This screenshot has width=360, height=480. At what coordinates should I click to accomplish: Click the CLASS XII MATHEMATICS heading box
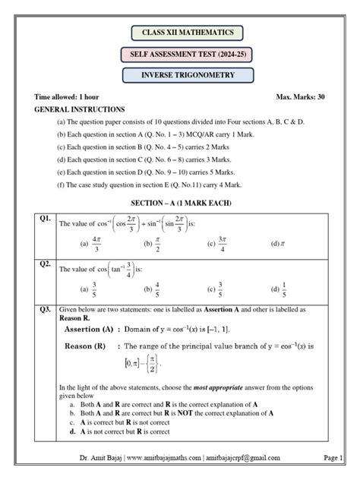(x=187, y=33)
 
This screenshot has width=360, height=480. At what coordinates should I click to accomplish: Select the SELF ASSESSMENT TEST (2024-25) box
(x=187, y=55)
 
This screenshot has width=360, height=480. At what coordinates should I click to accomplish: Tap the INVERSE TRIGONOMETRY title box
(x=187, y=76)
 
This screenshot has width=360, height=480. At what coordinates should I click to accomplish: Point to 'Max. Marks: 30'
(x=301, y=99)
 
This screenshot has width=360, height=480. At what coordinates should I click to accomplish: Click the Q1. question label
(x=45, y=219)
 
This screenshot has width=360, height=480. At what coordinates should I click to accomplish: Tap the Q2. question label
(x=45, y=264)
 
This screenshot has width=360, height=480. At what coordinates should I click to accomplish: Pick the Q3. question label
(x=45, y=310)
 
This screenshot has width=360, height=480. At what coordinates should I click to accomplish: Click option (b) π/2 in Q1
(x=153, y=244)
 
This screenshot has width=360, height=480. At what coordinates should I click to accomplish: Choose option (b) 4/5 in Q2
(x=153, y=289)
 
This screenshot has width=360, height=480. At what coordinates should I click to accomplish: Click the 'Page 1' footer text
(x=333, y=458)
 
